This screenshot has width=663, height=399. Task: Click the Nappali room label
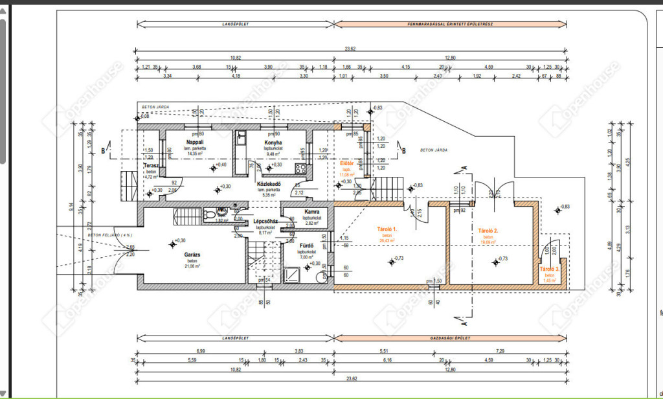(195, 142)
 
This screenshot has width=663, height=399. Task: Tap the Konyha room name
(273, 142)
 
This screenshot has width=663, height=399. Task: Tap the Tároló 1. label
(387, 229)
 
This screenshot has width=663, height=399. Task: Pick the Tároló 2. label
(488, 231)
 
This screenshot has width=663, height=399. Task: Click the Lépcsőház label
(265, 221)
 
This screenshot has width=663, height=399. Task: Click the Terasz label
(152, 166)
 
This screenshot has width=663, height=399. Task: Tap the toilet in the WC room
(208, 214)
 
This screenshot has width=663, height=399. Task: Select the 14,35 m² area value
(195, 153)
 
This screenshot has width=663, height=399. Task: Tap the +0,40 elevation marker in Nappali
(218, 166)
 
